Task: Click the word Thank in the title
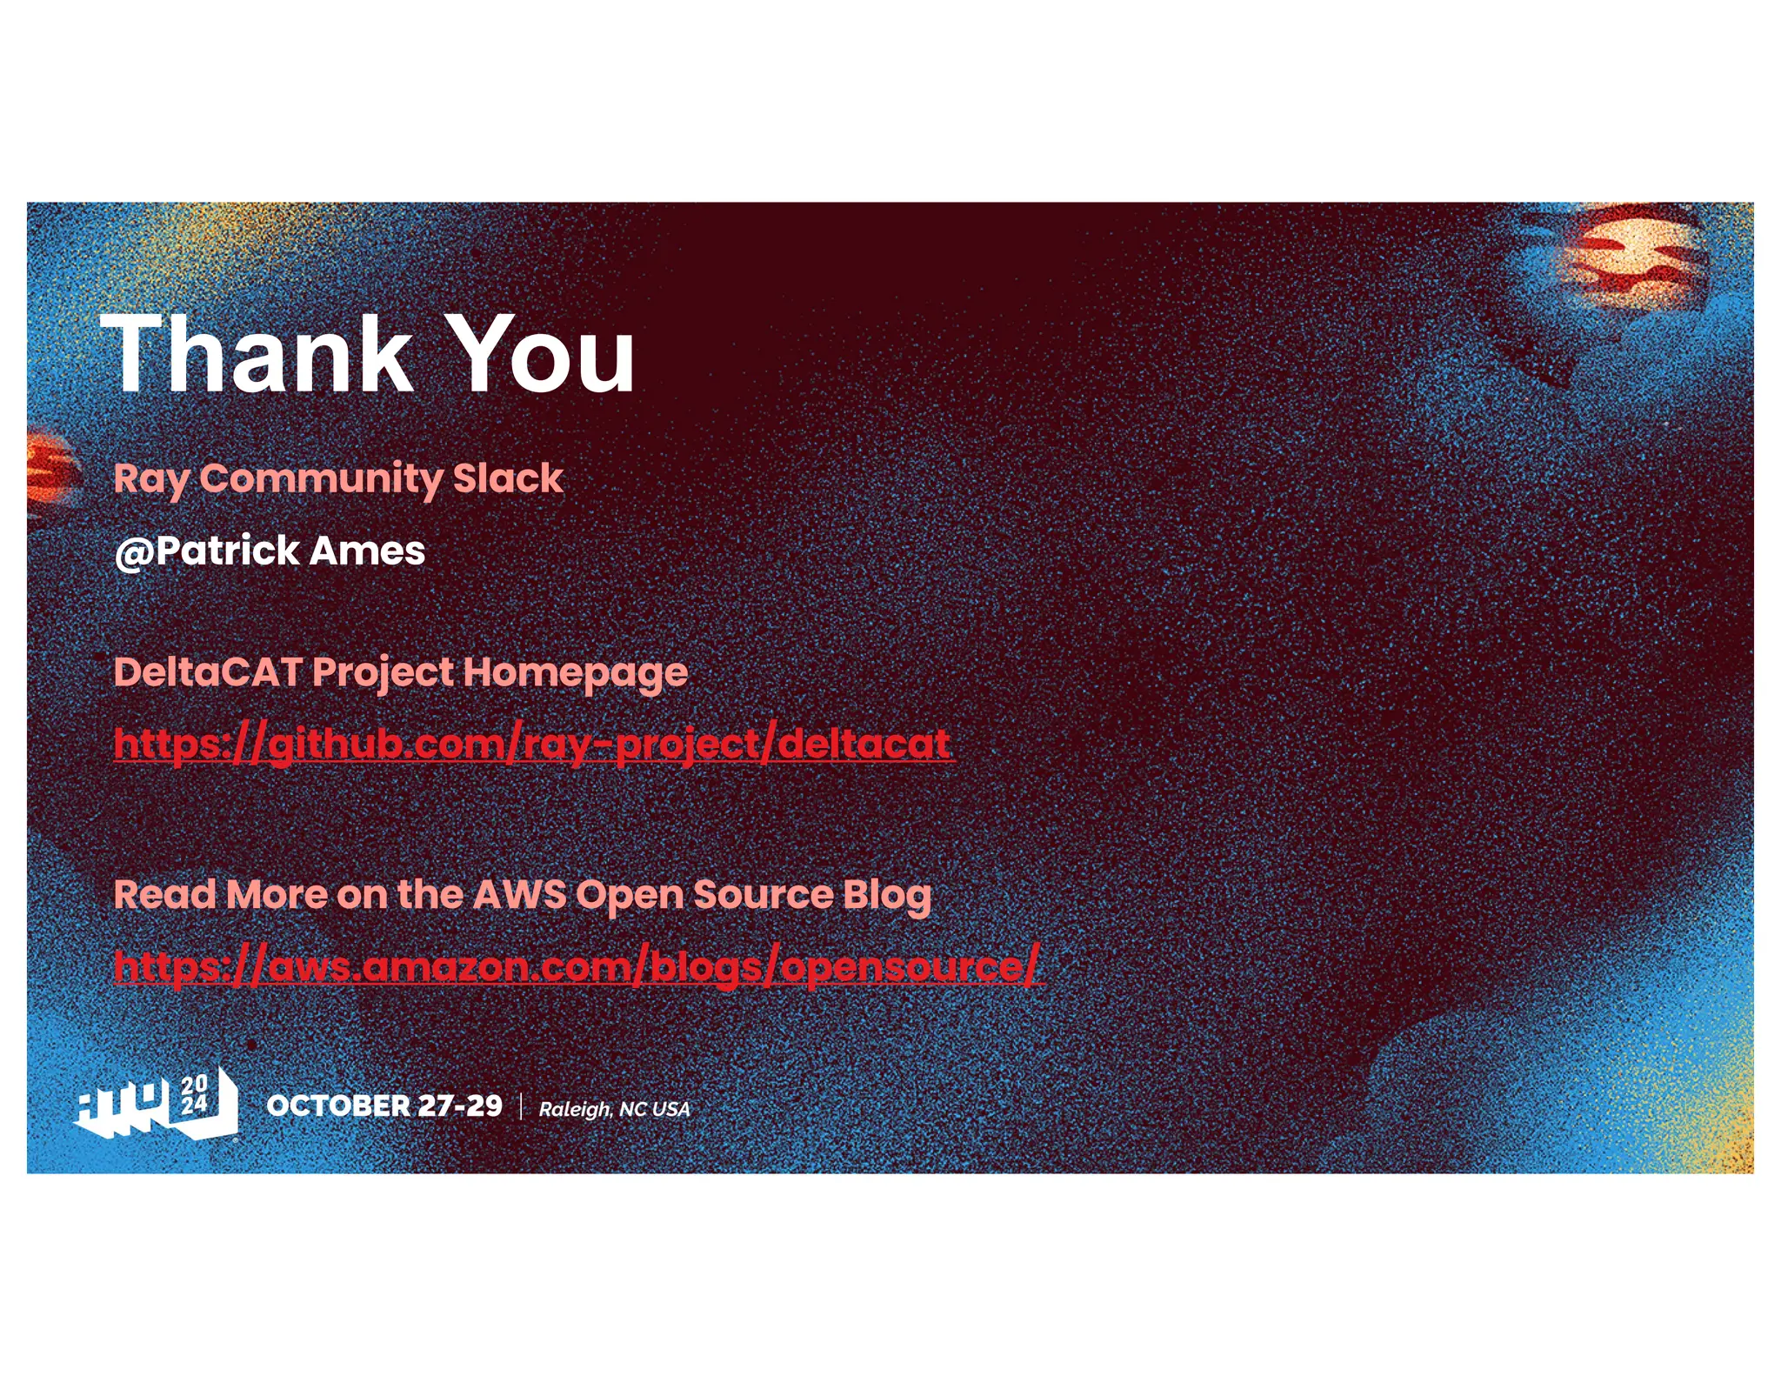pyautogui.click(x=257, y=355)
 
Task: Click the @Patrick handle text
pyautogui.click(x=207, y=551)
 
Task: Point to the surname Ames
pyautogui.click(x=366, y=551)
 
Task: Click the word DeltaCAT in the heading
pyautogui.click(x=208, y=671)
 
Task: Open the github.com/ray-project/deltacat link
pyautogui.click(x=532, y=745)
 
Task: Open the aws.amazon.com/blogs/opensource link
pyautogui.click(x=577, y=966)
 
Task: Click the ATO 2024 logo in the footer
pyautogui.click(x=157, y=1104)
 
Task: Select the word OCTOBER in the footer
pyautogui.click(x=337, y=1105)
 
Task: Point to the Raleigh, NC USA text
pyautogui.click(x=614, y=1109)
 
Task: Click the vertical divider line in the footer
pyautogui.click(x=521, y=1106)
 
